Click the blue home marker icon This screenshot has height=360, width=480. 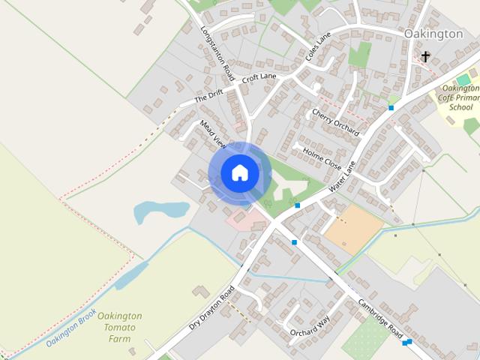pyautogui.click(x=239, y=172)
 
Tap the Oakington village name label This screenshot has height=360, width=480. pyautogui.click(x=433, y=34)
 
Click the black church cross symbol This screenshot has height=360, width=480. pyautogui.click(x=425, y=56)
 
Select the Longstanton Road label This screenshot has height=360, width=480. pyautogui.click(x=217, y=50)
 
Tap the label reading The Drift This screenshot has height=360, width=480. pyautogui.click(x=209, y=97)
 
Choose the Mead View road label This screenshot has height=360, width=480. pyautogui.click(x=212, y=133)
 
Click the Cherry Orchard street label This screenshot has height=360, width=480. pyautogui.click(x=335, y=122)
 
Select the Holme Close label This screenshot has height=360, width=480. pyautogui.click(x=322, y=157)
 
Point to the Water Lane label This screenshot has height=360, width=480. pyautogui.click(x=341, y=173)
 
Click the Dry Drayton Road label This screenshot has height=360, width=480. pyautogui.click(x=212, y=307)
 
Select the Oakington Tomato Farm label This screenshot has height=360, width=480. pyautogui.click(x=120, y=328)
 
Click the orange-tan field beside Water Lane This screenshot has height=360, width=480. pyautogui.click(x=353, y=227)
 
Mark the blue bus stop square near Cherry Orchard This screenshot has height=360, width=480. pyautogui.click(x=391, y=108)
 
